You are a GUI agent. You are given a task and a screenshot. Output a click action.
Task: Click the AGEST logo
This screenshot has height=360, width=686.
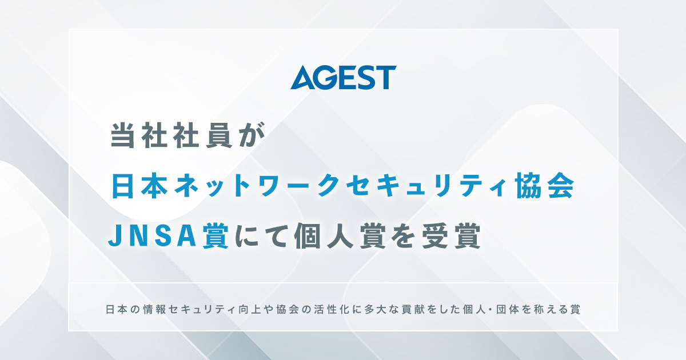(343, 78)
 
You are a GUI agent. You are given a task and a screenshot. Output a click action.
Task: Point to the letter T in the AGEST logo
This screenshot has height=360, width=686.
(386, 78)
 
